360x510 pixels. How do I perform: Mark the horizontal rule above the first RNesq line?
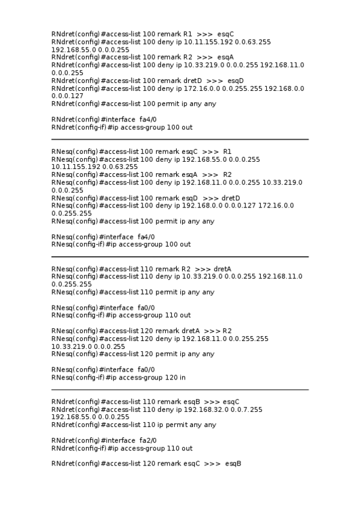[180, 140]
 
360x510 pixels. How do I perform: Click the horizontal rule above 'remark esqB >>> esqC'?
[180, 390]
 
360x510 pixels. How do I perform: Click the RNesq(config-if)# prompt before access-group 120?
[78, 377]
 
